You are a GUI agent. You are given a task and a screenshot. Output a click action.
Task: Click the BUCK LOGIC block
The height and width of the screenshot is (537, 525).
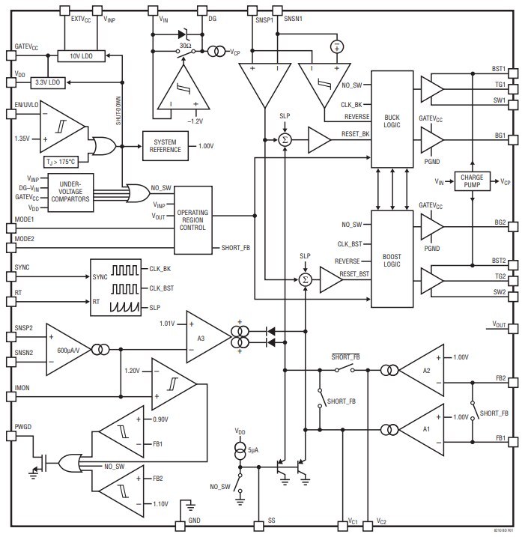pyautogui.click(x=392, y=120)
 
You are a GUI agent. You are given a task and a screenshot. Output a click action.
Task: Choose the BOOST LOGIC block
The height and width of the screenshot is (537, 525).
pyautogui.click(x=392, y=258)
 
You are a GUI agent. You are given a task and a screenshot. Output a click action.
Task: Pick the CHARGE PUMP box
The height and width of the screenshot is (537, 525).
pyautogui.click(x=470, y=181)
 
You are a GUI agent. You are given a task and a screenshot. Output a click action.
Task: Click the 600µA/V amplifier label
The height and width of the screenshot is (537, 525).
pyautogui.click(x=71, y=349)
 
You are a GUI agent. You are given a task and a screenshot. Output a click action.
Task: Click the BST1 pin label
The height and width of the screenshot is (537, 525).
pyautogui.click(x=499, y=69)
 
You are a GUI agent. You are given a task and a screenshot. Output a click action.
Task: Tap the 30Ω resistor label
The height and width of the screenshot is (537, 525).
pyautogui.click(x=184, y=46)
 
